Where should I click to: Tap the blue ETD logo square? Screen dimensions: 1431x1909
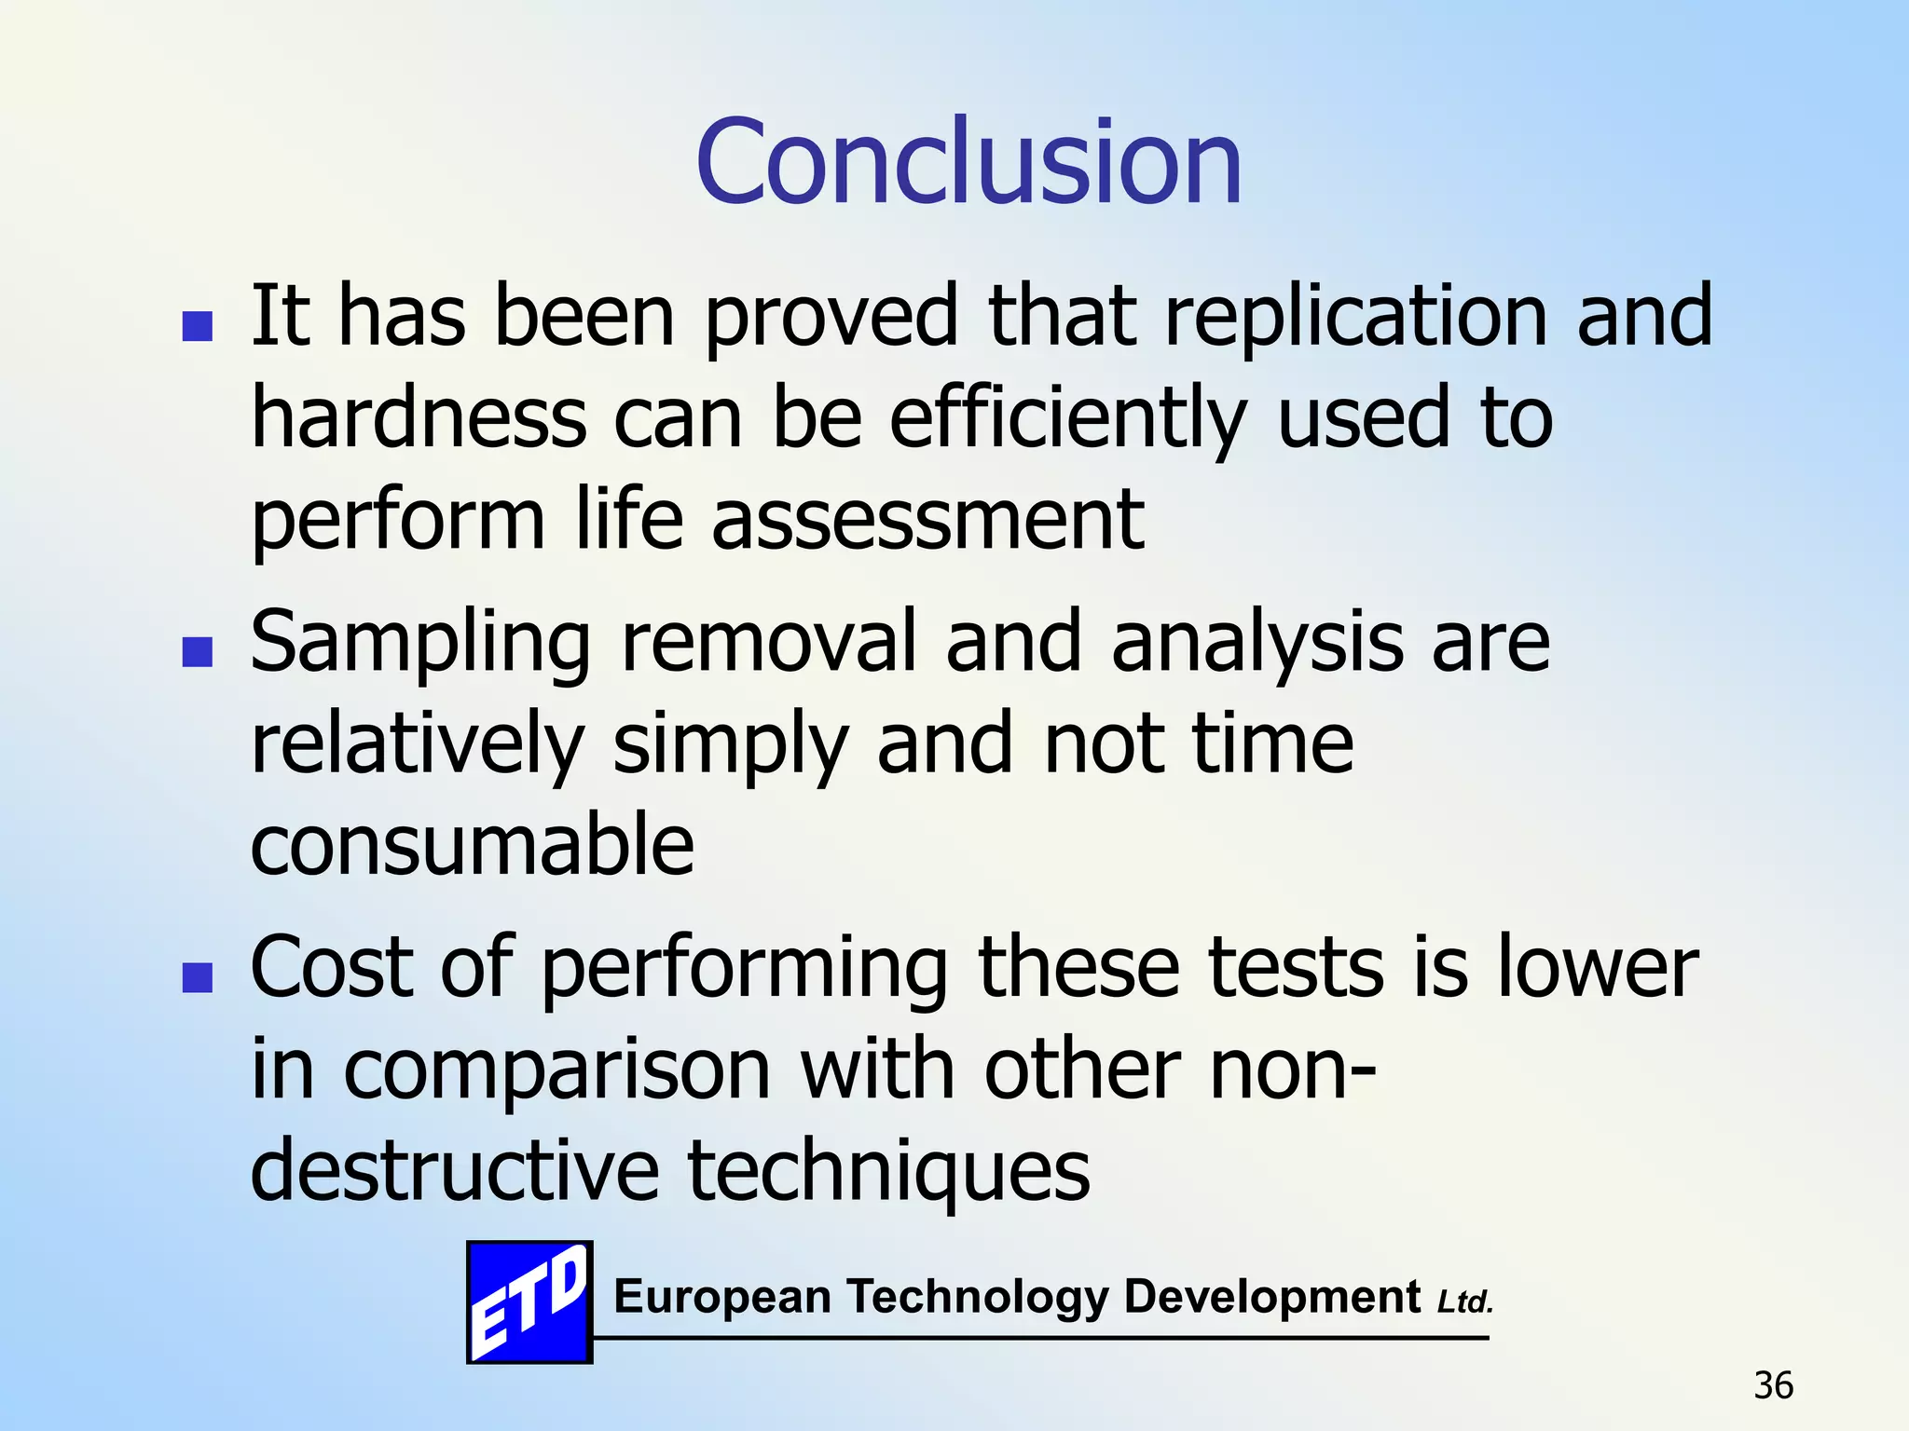[529, 1302]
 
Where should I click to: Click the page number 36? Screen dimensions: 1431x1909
[1773, 1386]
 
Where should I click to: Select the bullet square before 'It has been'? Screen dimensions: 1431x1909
[197, 326]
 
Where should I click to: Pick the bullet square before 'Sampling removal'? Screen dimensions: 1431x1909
[197, 652]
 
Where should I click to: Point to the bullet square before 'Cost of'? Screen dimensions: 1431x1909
[197, 977]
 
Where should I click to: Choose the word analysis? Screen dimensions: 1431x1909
[1257, 643]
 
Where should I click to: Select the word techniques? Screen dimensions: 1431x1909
[888, 1172]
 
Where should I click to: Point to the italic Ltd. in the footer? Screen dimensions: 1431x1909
[1465, 1302]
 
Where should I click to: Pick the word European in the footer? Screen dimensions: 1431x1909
[722, 1297]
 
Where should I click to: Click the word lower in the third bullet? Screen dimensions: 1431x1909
[1599, 969]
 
